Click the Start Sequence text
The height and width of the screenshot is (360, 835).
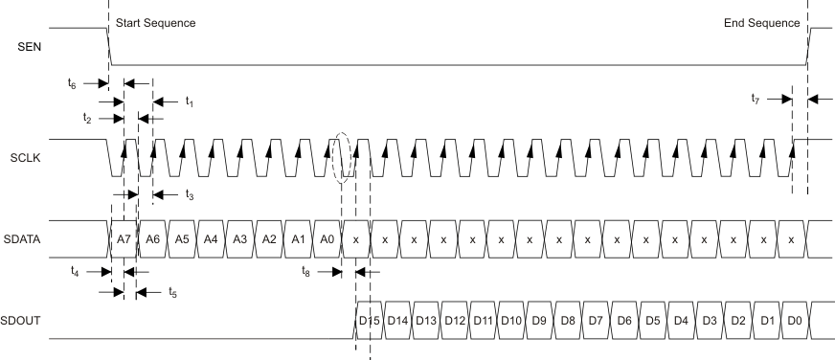click(155, 23)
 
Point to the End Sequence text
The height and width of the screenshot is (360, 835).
click(761, 23)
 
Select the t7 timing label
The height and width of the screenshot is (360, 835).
click(757, 97)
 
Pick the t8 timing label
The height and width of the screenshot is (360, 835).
click(305, 271)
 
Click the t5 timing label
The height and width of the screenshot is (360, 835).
click(172, 291)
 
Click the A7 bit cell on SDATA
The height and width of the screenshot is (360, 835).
click(123, 238)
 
